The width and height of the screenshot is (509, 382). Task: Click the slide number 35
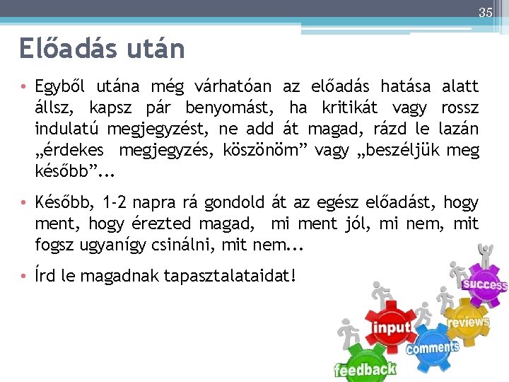coord(485,11)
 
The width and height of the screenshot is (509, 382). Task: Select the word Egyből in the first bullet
coord(60,87)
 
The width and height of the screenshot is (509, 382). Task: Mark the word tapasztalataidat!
coord(229,274)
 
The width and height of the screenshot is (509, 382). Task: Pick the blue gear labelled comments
coord(432,347)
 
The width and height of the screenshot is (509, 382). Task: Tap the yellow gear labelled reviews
coord(467,323)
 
